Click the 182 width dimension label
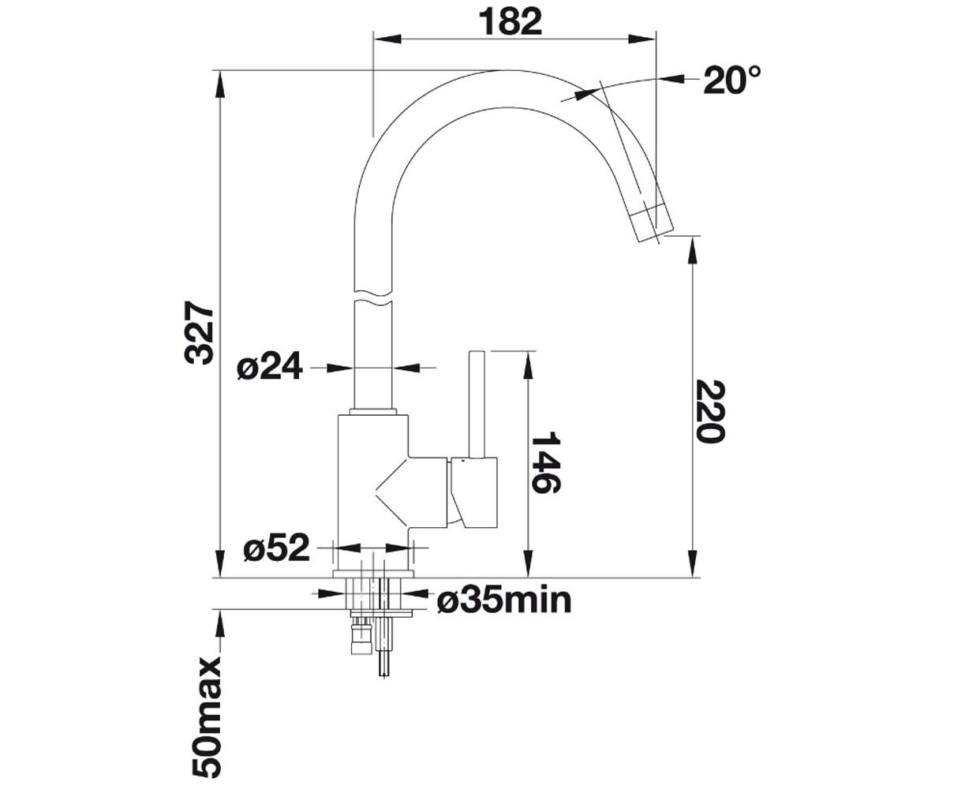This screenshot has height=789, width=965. [510, 22]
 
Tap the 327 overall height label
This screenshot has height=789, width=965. [199, 332]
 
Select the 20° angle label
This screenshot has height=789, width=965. [732, 80]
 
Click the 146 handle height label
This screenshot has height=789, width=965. [545, 462]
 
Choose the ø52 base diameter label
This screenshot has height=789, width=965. [276, 548]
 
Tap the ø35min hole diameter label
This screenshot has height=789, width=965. [504, 600]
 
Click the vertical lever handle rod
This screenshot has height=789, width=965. [477, 405]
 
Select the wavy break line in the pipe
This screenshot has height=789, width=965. [373, 297]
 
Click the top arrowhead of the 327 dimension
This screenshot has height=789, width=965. [220, 84]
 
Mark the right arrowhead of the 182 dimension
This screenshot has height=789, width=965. [642, 39]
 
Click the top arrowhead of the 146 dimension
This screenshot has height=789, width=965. [529, 365]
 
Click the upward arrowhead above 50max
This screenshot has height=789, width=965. [220, 623]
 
